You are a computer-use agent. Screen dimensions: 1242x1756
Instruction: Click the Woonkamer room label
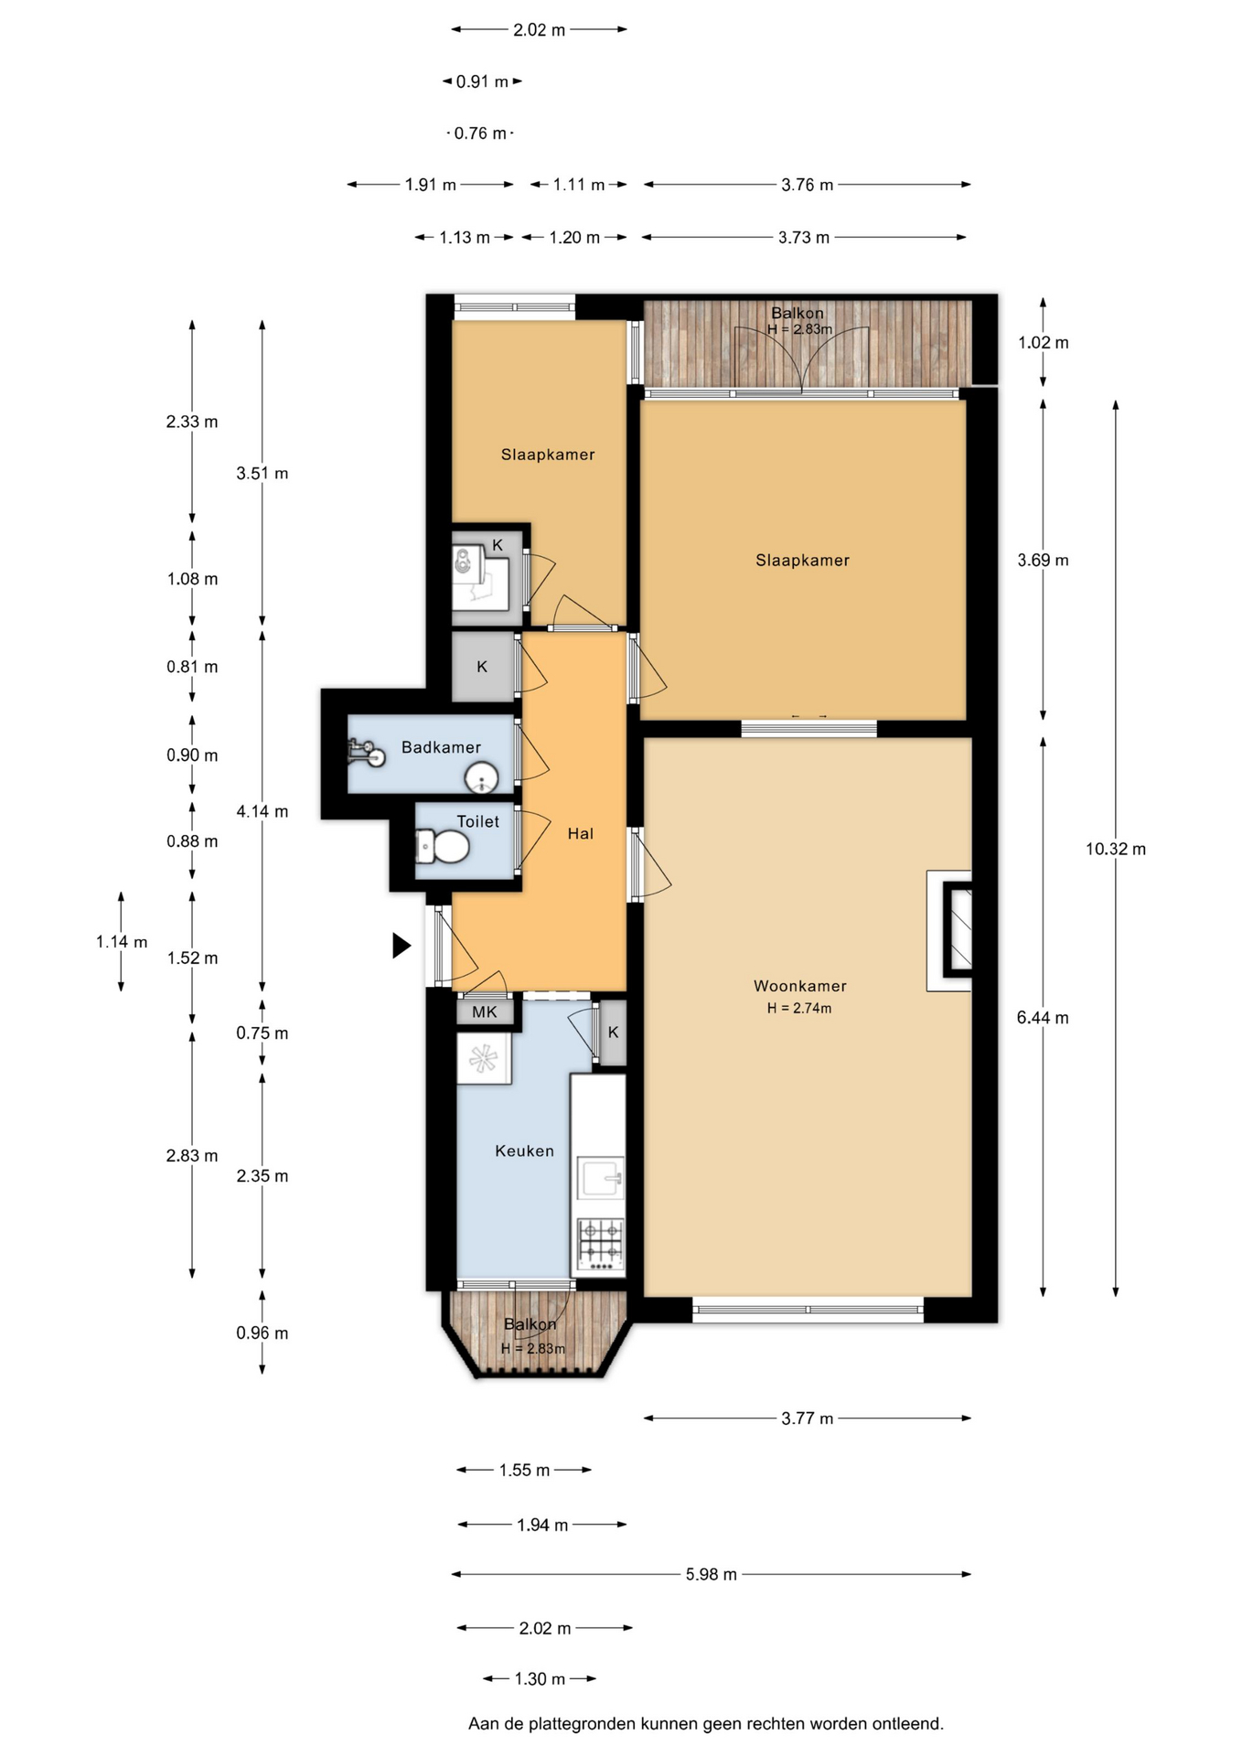click(x=800, y=986)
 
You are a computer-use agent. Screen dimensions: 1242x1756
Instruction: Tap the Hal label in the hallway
click(x=581, y=833)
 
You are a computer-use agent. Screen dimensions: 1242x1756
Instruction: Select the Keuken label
click(x=525, y=1151)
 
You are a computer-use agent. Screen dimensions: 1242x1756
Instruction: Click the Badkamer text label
click(x=441, y=747)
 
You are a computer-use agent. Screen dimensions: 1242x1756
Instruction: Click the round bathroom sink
click(x=481, y=779)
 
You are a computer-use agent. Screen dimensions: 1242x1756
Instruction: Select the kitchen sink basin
click(x=600, y=1178)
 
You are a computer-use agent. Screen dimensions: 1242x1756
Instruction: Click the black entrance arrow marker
click(x=402, y=945)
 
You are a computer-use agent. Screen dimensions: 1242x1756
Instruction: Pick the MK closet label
click(x=485, y=1012)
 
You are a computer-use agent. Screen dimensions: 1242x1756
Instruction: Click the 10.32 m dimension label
click(x=1116, y=849)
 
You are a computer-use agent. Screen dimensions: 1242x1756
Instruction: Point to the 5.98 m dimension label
click(x=712, y=1574)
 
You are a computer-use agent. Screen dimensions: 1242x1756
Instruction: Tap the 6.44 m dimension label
click(x=1043, y=1017)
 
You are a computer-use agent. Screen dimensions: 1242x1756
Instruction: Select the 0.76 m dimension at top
click(x=480, y=134)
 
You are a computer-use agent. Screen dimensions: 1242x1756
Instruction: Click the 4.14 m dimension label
click(x=262, y=811)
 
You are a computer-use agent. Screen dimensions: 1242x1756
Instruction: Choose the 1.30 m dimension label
click(x=540, y=1678)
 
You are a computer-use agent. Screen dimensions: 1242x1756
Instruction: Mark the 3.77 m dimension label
click(x=808, y=1419)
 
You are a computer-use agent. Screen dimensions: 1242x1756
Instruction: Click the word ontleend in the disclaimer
click(x=907, y=1724)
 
